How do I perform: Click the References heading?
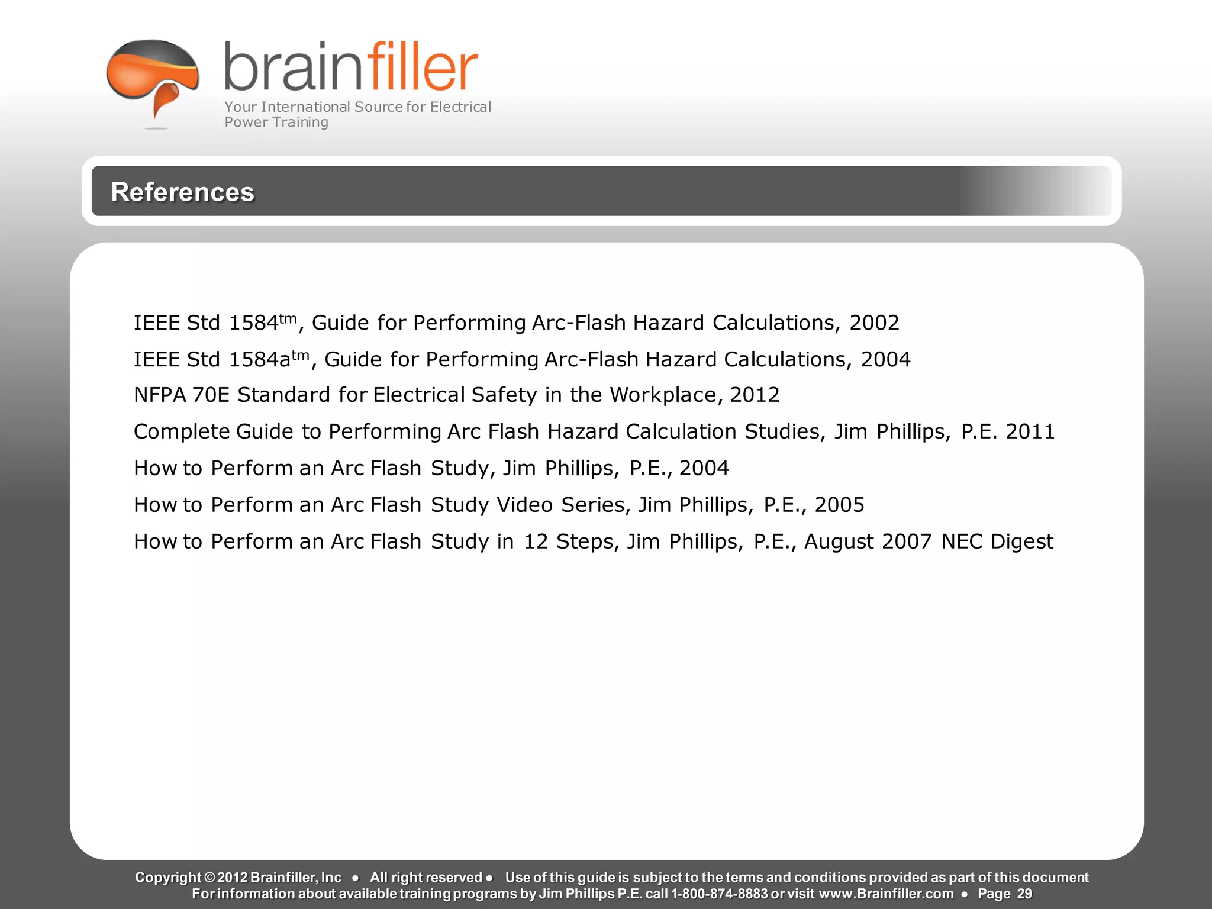(x=182, y=192)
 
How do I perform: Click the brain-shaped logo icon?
(x=153, y=77)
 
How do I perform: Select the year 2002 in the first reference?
(x=874, y=323)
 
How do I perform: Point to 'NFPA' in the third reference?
(x=160, y=395)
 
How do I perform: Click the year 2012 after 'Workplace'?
(x=755, y=395)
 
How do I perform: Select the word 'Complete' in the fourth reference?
(x=181, y=432)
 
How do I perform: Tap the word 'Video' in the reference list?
(x=524, y=505)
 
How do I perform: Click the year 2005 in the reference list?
(x=839, y=505)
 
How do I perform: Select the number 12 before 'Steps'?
(x=536, y=542)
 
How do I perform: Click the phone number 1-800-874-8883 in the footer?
(x=719, y=894)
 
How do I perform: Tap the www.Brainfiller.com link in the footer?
(x=886, y=894)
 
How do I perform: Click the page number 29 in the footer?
(x=1024, y=894)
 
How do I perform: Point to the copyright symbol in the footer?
(x=209, y=878)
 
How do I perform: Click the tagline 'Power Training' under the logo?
(x=276, y=123)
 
